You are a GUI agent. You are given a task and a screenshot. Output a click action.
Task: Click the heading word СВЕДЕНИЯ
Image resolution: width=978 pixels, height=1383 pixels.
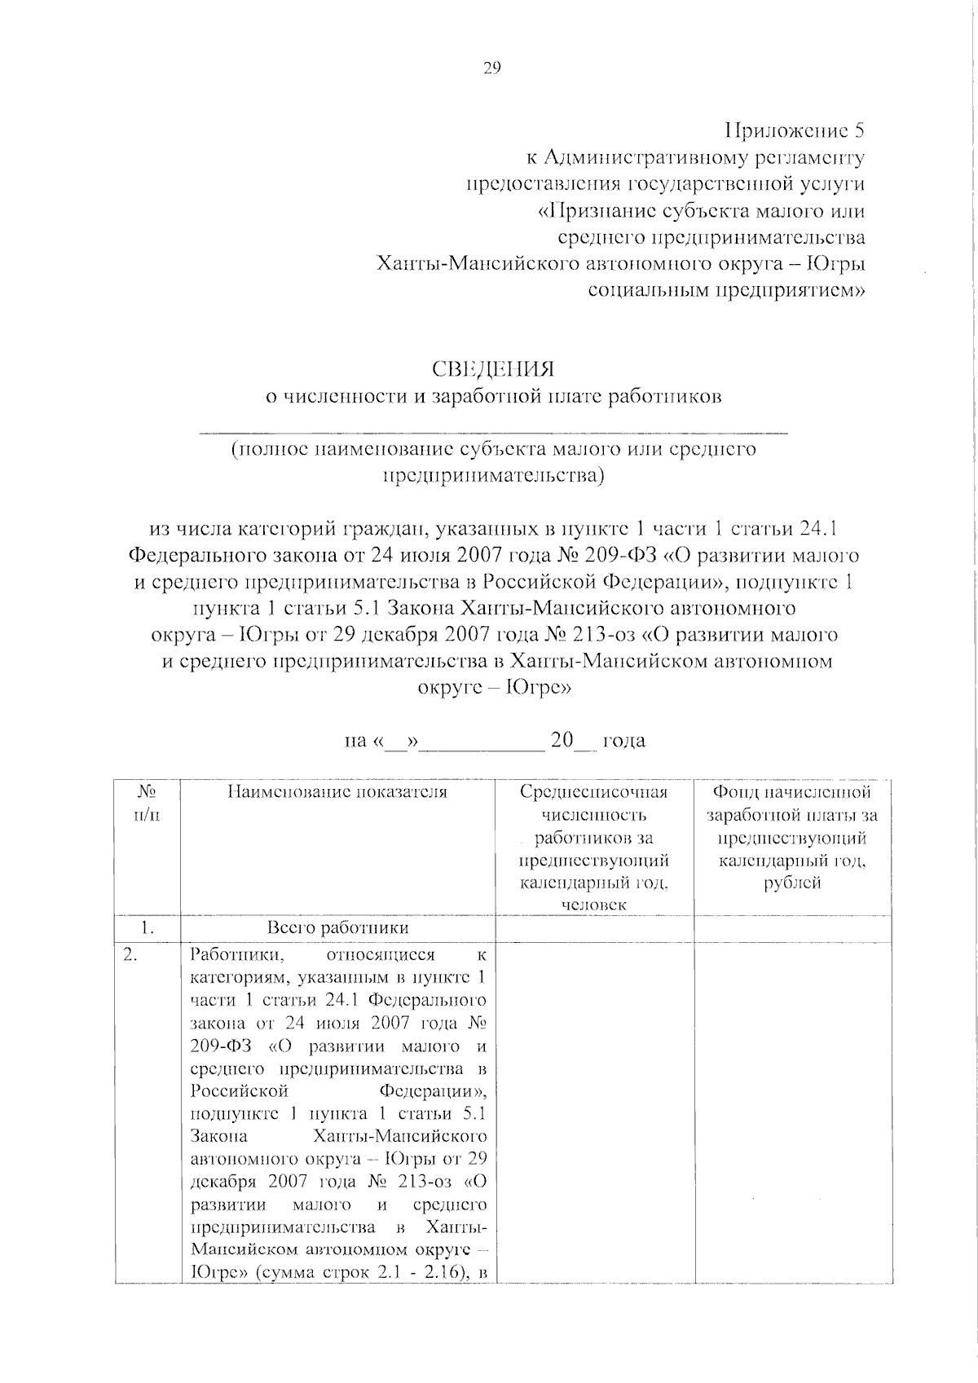tap(492, 368)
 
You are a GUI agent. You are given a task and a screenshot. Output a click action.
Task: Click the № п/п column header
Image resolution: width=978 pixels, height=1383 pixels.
tap(147, 803)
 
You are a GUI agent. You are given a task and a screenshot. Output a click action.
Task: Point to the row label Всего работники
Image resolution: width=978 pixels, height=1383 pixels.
tap(338, 927)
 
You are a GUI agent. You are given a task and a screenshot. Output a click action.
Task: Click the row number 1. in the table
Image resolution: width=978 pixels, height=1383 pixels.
tap(147, 927)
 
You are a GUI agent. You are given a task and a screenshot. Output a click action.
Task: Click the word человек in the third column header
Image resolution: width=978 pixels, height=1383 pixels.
tap(594, 905)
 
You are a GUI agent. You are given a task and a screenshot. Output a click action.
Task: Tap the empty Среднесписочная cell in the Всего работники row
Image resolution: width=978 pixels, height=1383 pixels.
tap(595, 927)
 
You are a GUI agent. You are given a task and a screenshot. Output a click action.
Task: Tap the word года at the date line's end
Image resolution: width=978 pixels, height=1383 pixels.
tap(623, 740)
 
